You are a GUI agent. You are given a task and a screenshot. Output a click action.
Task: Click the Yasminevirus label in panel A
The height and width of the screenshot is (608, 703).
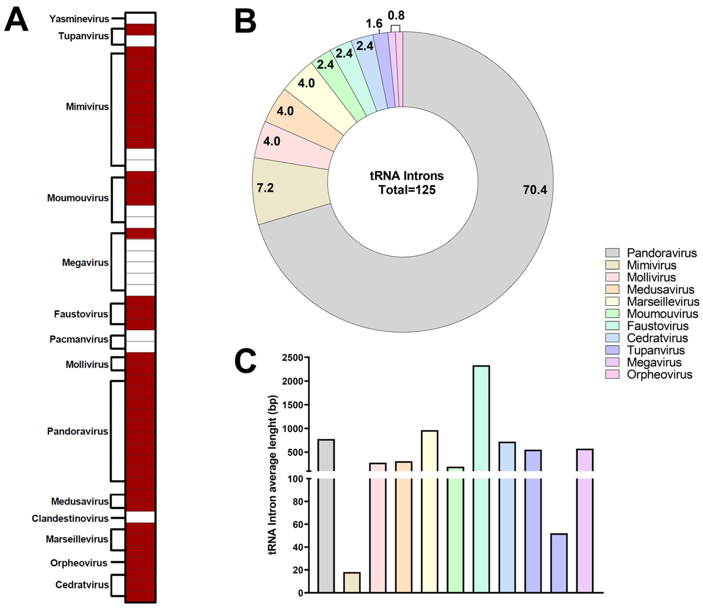click(79, 19)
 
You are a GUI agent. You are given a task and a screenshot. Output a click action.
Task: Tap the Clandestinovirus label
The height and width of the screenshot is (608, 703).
click(70, 518)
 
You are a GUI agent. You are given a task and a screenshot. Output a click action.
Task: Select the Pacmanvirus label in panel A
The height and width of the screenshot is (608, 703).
click(79, 339)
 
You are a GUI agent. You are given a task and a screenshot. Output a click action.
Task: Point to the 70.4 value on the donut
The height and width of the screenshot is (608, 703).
click(535, 190)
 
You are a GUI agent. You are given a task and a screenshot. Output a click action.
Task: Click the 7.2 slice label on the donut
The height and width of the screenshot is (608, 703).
click(265, 188)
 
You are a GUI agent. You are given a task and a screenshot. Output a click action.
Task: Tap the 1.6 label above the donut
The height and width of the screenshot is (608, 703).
click(374, 24)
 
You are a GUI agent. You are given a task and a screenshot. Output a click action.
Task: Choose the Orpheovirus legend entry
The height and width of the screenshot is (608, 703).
click(659, 375)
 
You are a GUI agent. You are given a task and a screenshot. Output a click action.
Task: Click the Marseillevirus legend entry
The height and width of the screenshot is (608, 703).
click(663, 301)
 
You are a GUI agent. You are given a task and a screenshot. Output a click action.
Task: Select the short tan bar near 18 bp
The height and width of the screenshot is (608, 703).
click(352, 582)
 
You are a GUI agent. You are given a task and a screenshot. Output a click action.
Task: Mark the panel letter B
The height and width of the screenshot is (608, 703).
click(245, 21)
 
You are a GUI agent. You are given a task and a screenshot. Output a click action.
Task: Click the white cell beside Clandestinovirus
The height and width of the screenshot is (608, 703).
click(140, 517)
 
